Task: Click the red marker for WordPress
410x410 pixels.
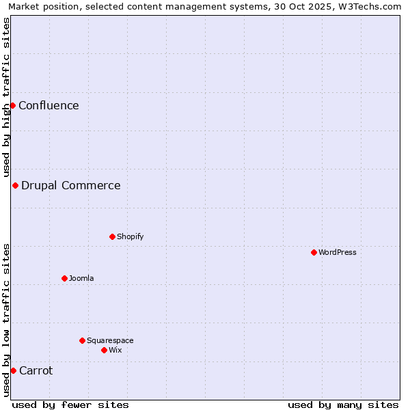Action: (314, 252)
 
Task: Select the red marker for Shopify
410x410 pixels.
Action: (112, 236)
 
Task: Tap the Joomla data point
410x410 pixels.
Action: (64, 278)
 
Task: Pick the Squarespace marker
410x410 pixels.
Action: (82, 340)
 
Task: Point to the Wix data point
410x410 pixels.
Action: (104, 350)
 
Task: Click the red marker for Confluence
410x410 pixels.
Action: (12, 105)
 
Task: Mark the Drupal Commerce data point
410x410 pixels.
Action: (15, 185)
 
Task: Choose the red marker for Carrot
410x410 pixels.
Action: (13, 370)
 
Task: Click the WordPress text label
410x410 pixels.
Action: (338, 252)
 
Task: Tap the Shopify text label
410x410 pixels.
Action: (130, 236)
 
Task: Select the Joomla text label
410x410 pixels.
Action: (81, 278)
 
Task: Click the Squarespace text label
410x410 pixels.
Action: (110, 340)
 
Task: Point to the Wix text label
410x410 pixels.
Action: (115, 350)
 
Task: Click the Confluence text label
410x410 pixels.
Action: (49, 105)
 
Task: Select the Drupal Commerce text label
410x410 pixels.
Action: (71, 185)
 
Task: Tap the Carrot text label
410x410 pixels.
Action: (36, 370)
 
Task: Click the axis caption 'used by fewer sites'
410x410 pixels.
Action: (70, 405)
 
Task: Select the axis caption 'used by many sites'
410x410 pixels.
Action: (343, 405)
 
